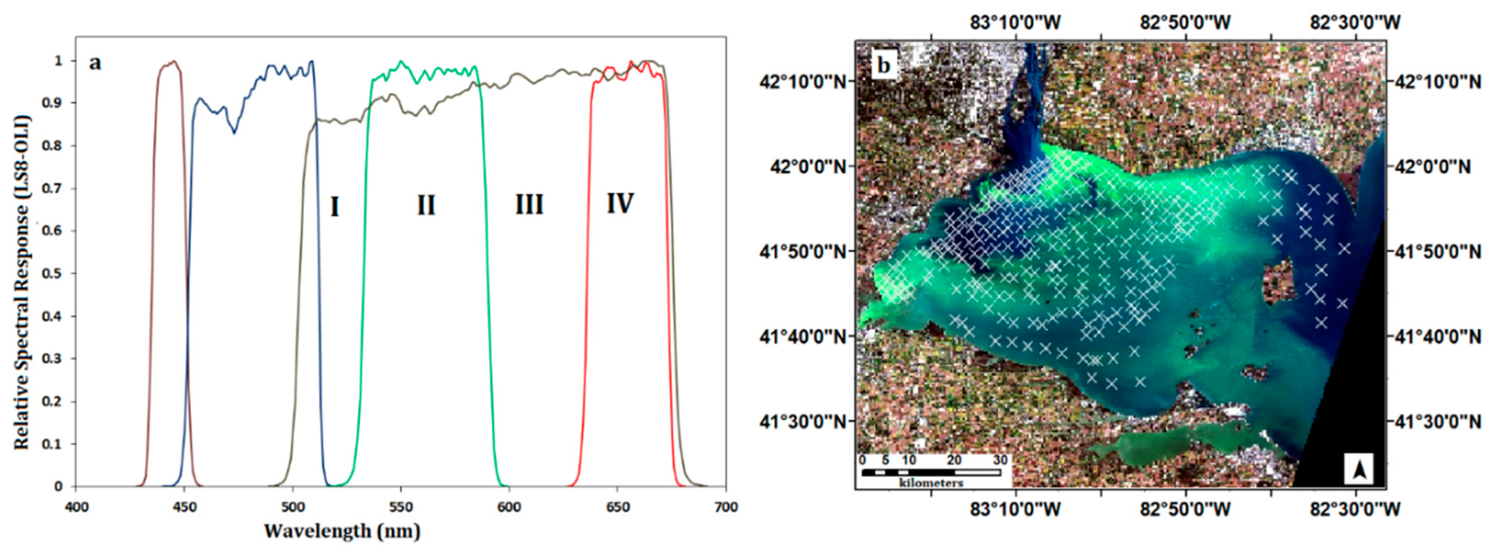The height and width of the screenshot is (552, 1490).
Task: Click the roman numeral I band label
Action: tap(334, 207)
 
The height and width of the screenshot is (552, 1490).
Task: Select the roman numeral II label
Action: tap(426, 206)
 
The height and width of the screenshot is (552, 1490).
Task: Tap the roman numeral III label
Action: tap(529, 205)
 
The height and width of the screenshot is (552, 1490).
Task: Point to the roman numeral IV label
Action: tap(620, 203)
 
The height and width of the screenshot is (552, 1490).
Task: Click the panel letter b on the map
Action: tap(884, 65)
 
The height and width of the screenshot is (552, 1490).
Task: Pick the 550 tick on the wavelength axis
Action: tap(401, 507)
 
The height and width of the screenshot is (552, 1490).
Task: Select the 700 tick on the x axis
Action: tap(726, 507)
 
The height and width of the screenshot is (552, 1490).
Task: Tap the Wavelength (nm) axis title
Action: tap(342, 531)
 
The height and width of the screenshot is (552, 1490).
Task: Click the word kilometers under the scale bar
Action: tap(931, 482)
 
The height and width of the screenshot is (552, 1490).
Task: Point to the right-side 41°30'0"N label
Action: tap(1437, 422)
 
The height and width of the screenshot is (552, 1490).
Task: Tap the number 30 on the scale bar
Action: tap(1000, 460)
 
